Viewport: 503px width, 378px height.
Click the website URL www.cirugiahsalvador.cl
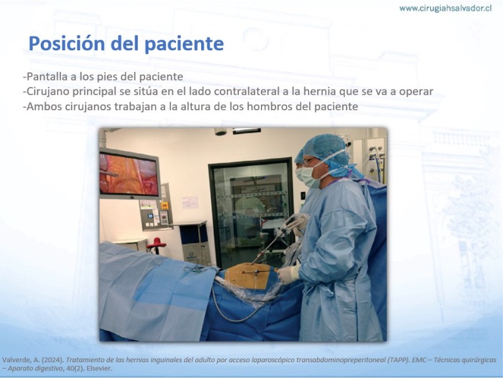coord(445,8)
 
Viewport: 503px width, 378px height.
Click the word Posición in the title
coord(67,43)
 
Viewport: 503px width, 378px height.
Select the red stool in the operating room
coord(156,245)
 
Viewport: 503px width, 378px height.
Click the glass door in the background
coord(251,213)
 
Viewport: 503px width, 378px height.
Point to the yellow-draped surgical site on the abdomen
coord(248,276)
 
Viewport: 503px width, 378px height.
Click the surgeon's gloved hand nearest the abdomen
coord(288,273)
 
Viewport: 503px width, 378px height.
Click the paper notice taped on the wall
coord(190,202)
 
